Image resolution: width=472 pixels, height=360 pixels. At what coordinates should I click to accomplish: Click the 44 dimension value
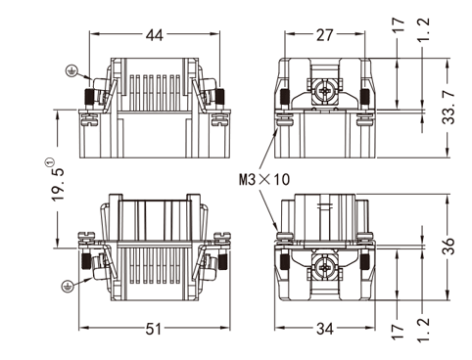[x=154, y=35]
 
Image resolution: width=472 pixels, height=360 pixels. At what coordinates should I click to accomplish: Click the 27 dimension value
[x=324, y=35]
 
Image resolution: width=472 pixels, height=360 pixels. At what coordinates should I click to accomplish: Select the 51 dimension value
[x=154, y=329]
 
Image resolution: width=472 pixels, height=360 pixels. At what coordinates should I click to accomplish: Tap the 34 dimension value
[x=325, y=329]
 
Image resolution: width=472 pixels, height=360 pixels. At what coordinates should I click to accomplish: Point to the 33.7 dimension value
[x=448, y=108]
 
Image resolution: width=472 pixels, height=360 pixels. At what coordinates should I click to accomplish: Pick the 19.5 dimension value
[x=57, y=184]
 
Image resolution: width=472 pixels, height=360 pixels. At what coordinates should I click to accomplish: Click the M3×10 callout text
[x=264, y=179]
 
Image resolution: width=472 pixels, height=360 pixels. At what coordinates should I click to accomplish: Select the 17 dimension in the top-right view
[x=398, y=24]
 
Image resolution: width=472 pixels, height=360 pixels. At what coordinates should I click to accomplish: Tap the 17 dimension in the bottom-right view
[x=398, y=332]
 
